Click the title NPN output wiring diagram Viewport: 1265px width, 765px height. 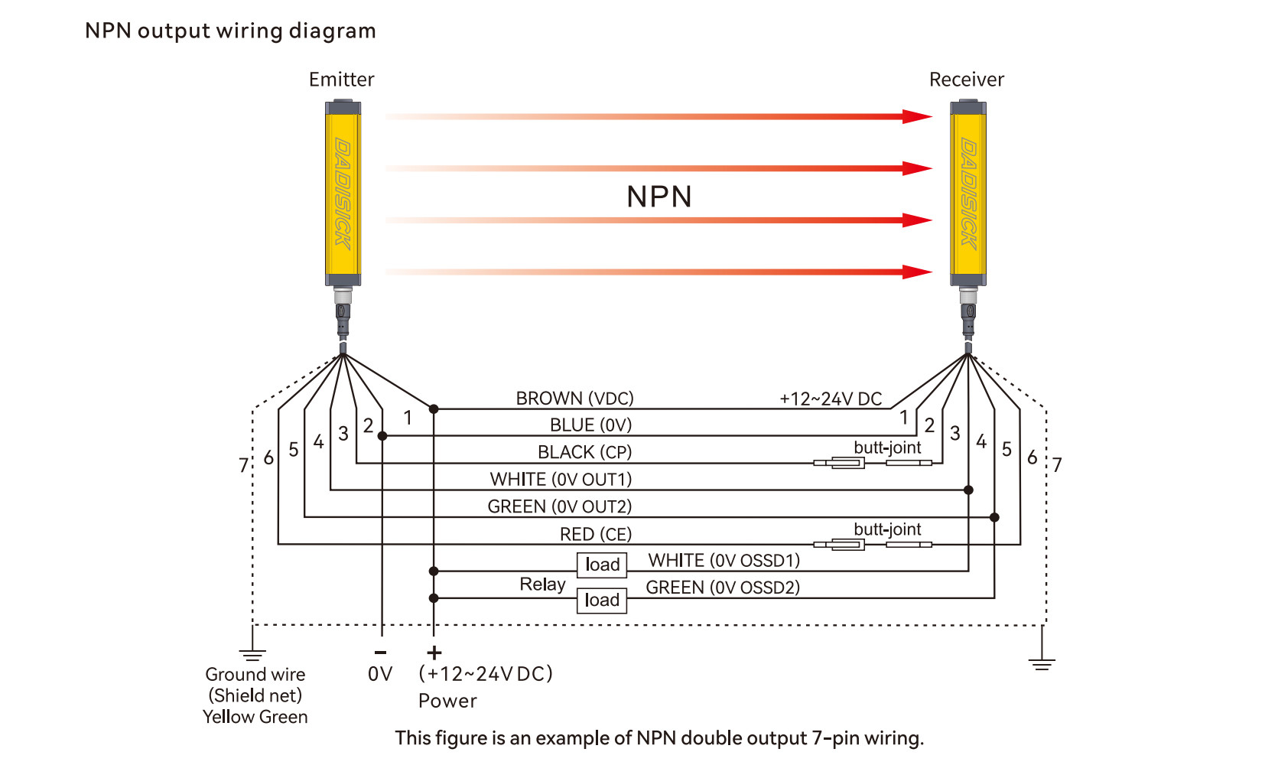[230, 31]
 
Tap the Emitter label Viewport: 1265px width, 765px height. [341, 80]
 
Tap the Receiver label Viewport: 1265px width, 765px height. [966, 80]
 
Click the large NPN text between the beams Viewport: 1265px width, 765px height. [659, 197]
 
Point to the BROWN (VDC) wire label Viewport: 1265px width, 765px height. [574, 399]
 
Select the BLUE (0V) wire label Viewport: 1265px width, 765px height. [590, 425]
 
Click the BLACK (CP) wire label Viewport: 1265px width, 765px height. [584, 452]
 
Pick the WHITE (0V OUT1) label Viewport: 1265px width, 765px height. [561, 480]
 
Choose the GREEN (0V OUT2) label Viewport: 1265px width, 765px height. [559, 506]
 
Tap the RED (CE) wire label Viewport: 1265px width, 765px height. [595, 534]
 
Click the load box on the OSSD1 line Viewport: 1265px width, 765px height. [602, 565]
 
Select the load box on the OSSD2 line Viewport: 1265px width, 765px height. [602, 600]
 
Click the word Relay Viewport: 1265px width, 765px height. [542, 584]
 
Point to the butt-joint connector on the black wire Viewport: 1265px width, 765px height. [872, 462]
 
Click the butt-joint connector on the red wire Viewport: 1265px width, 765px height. [872, 544]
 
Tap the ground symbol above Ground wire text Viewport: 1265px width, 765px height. [252, 654]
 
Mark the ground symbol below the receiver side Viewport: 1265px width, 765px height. [1042, 662]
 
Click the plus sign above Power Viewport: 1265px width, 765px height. [434, 653]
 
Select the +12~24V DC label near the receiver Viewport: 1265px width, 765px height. [831, 399]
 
